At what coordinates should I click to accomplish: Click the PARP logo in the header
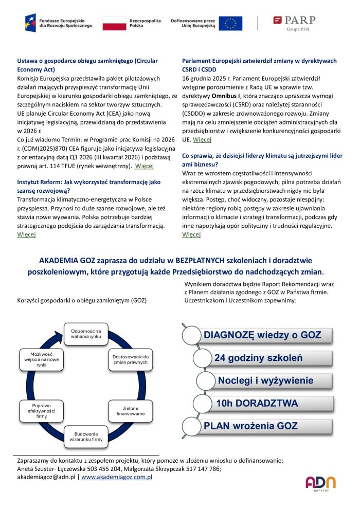pos(294,23)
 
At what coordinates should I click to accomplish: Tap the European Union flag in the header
pos(230,23)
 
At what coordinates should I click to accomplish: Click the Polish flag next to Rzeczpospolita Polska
pos(114,23)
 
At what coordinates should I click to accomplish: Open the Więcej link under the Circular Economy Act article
pos(144,166)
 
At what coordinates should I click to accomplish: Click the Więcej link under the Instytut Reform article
pos(26,234)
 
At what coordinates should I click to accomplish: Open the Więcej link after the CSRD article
pos(202,139)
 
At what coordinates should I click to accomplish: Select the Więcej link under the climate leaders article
pos(191,234)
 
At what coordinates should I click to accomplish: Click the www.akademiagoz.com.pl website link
pos(117,477)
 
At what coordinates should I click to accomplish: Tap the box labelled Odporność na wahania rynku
pos(86,333)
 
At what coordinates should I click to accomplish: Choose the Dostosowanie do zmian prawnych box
pos(130,359)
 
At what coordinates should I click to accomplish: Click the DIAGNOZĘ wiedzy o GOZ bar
pos(262,336)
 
